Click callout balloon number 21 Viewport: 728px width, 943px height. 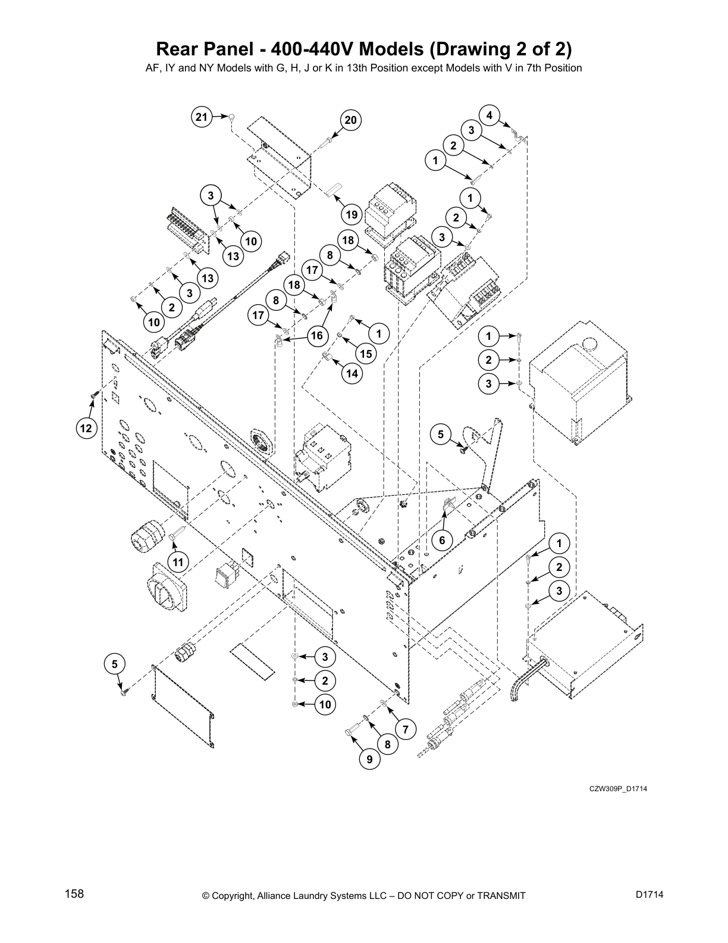point(202,117)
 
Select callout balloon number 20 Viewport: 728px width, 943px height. point(350,121)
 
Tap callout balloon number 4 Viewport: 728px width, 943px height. point(489,115)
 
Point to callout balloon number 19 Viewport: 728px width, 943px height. point(352,215)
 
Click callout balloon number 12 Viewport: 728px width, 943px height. point(87,427)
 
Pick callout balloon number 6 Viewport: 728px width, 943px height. point(442,541)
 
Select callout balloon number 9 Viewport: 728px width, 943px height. point(369,759)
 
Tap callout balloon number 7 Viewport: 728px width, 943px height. point(405,729)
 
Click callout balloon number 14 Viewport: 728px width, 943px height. point(352,373)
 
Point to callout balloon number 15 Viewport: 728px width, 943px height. point(365,354)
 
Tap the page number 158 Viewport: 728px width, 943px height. point(74,894)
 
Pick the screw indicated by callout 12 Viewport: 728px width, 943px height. point(94,394)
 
